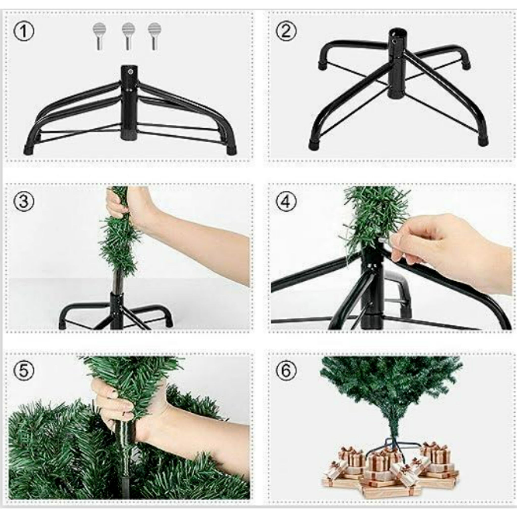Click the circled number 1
24,32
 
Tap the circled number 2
286,32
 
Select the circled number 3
24,201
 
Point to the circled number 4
286,201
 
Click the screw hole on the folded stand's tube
130,72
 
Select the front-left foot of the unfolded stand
315,144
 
